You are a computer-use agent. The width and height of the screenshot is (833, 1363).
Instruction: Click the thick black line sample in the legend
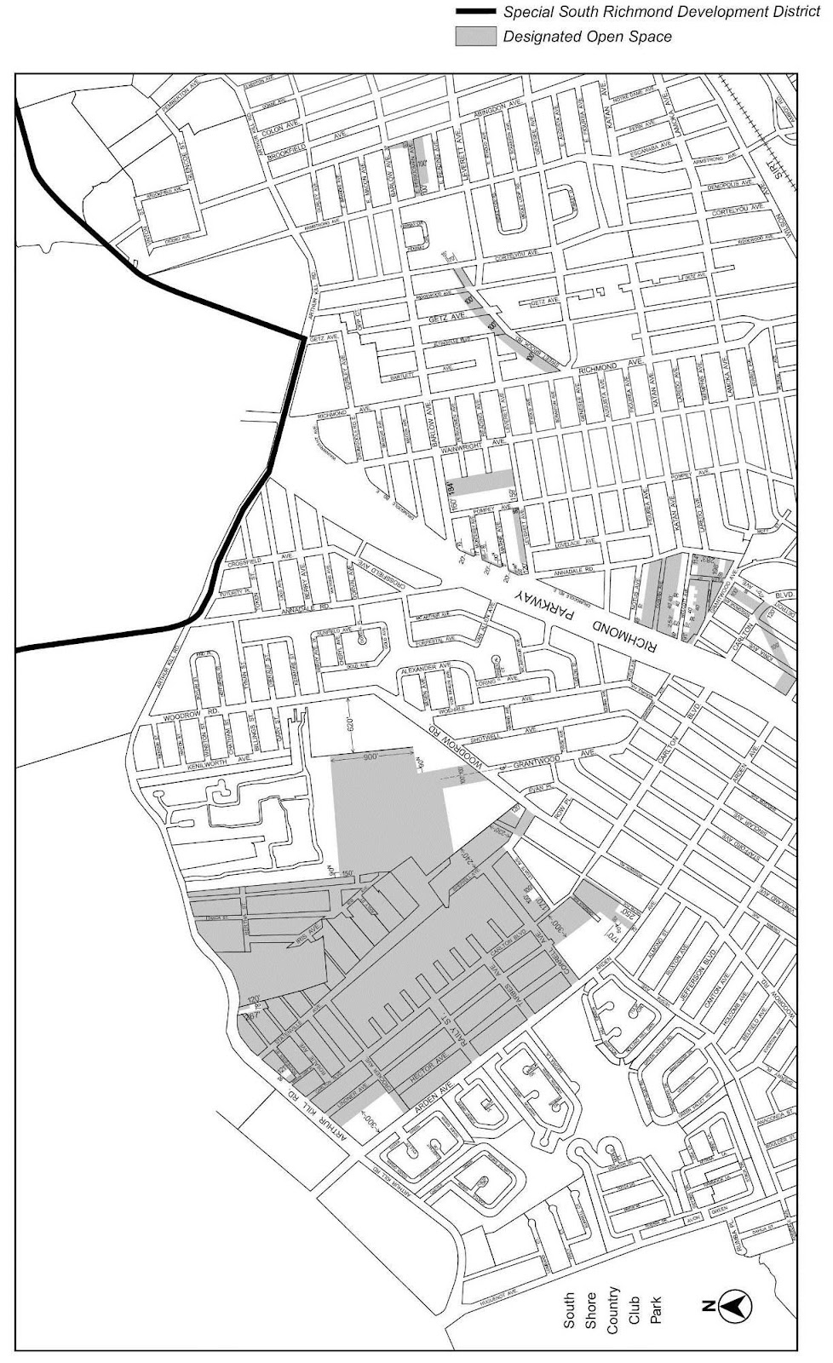point(476,12)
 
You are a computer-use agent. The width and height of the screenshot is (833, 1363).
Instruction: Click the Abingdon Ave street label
point(489,106)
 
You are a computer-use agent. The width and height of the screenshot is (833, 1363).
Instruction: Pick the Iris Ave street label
point(306,936)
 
